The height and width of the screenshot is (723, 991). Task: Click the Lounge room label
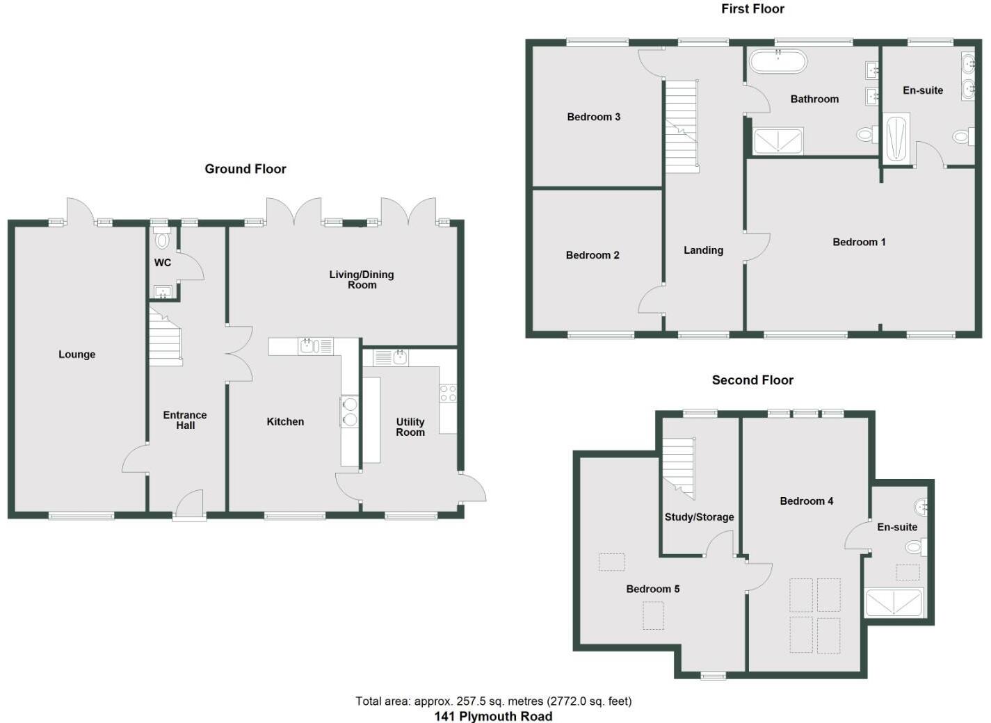76,355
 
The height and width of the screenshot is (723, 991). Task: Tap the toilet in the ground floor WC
163,240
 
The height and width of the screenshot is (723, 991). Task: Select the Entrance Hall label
185,420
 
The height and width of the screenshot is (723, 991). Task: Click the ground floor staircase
166,339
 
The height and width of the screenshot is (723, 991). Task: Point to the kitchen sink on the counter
308,346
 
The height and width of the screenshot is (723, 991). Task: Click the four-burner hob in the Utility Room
448,393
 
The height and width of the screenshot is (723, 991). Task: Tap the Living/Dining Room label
362,279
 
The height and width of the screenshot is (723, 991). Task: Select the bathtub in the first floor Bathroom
778,61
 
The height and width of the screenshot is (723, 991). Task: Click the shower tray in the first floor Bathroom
779,141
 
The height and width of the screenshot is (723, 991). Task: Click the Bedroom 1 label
859,242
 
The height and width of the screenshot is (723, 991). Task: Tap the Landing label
703,250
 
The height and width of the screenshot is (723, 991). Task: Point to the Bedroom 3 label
593,117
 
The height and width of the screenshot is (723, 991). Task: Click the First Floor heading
752,9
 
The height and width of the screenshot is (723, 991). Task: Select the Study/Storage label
699,517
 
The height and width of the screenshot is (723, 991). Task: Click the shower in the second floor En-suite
894,603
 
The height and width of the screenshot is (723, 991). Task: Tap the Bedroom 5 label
652,589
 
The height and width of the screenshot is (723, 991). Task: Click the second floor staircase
678,468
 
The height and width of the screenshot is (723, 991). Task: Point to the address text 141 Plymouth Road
493,716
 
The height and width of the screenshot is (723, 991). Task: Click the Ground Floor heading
245,169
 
